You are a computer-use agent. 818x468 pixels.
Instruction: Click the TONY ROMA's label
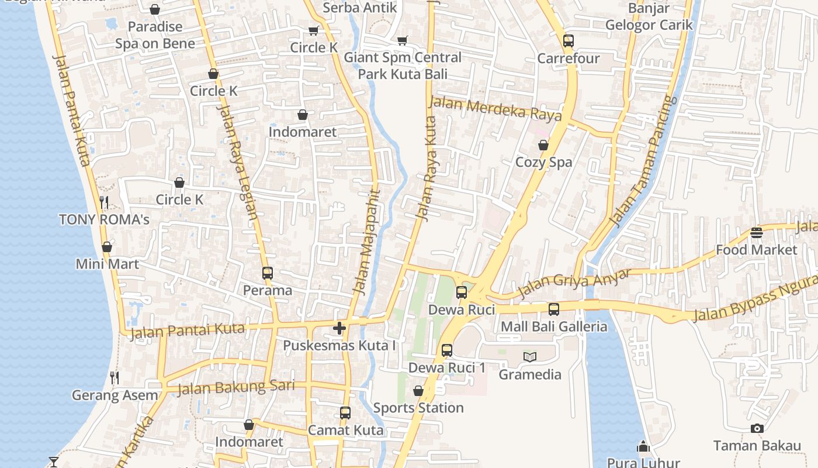tap(104, 220)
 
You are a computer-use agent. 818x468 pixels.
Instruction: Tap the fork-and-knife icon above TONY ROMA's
tap(104, 202)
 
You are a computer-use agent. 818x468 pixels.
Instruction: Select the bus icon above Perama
tap(267, 273)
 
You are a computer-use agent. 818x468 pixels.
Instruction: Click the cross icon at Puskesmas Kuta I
tap(339, 328)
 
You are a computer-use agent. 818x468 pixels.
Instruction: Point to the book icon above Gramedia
tap(530, 357)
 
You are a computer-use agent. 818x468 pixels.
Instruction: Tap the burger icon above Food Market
tap(757, 233)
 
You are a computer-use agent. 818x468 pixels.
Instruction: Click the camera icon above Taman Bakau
tap(757, 429)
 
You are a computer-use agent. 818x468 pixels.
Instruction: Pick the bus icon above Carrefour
tap(569, 41)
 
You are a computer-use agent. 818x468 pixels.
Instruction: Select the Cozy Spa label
tap(543, 162)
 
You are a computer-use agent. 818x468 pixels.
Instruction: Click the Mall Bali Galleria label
tap(554, 326)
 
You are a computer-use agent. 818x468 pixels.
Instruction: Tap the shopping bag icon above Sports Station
tap(418, 391)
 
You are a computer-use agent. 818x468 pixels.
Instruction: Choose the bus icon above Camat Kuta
tap(345, 413)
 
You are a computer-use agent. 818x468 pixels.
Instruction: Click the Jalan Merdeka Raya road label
tap(495, 109)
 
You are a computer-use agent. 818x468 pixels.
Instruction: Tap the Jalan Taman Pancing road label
tap(643, 161)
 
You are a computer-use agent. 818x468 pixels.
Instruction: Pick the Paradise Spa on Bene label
tap(155, 35)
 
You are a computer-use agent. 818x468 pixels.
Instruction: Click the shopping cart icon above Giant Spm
tap(402, 40)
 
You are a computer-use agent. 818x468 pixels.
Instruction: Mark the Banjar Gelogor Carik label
tap(649, 16)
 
